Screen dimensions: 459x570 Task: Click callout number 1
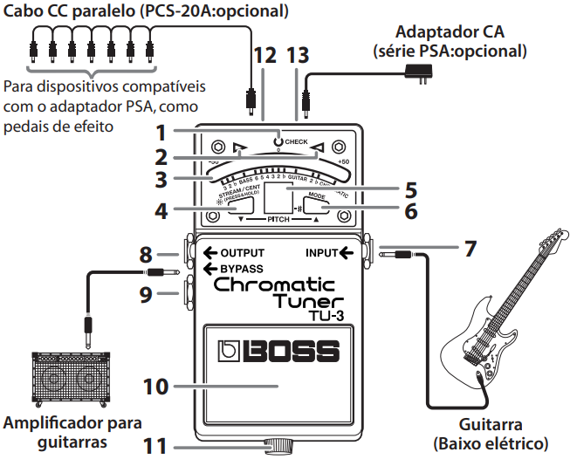[160, 134]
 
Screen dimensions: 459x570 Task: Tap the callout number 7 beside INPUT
[470, 248]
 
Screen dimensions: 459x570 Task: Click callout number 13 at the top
[298, 55]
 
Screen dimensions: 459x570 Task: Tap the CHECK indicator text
[297, 140]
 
